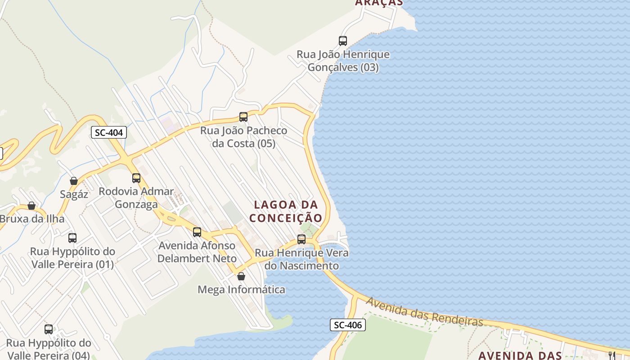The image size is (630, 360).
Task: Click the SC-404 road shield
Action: (109, 132)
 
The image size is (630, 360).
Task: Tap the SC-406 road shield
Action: (348, 324)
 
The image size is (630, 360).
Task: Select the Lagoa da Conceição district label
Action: (286, 211)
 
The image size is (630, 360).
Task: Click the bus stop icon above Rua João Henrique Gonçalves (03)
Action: (343, 41)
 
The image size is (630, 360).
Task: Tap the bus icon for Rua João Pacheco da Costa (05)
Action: (243, 117)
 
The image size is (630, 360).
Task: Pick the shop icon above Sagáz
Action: (74, 181)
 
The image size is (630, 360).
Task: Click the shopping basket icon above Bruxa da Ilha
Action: (31, 206)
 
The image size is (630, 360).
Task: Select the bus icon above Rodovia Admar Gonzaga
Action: (136, 178)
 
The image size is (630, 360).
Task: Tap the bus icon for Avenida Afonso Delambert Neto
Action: (197, 232)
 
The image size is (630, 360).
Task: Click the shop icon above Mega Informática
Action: (241, 276)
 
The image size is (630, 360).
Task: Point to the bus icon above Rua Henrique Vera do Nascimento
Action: (301, 239)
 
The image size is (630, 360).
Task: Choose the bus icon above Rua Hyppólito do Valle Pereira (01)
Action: (72, 238)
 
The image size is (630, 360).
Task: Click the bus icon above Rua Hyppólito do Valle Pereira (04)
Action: (49, 329)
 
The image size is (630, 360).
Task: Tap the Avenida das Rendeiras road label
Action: (424, 311)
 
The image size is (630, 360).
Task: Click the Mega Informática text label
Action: (241, 289)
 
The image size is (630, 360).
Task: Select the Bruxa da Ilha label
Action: (32, 219)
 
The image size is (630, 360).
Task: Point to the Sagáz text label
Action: (74, 194)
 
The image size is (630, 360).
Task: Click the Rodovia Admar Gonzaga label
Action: (136, 198)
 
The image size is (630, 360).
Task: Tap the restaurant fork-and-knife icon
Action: (612, 355)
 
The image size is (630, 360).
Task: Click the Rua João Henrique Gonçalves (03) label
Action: (343, 61)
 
